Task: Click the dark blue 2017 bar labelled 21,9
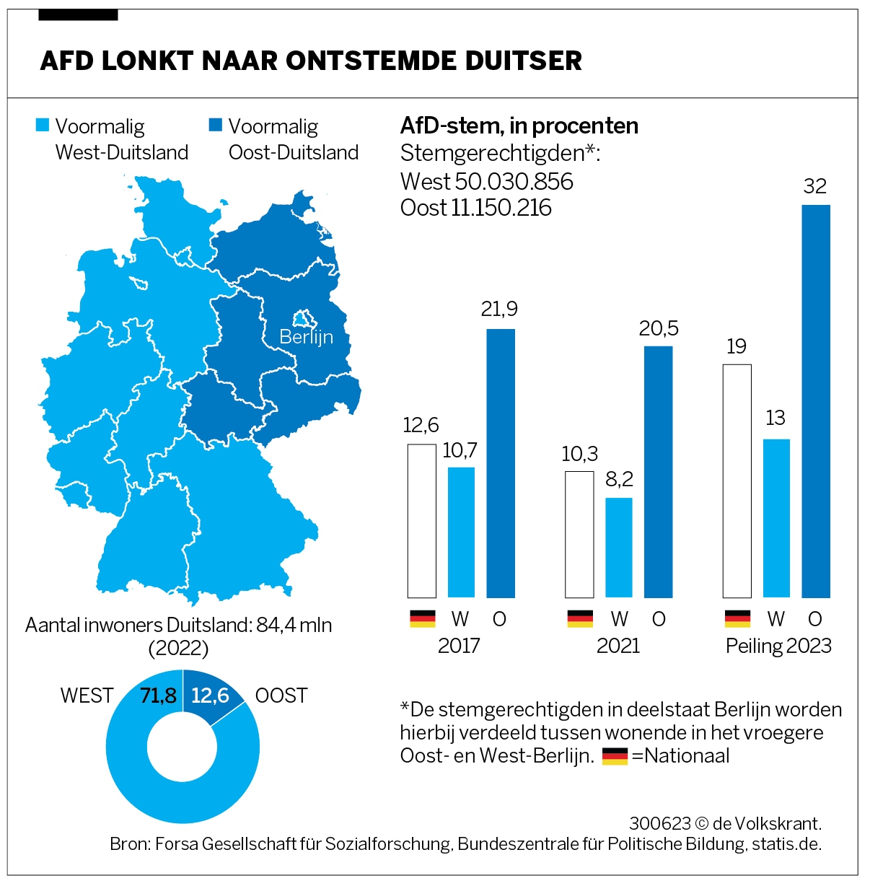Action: pyautogui.click(x=501, y=463)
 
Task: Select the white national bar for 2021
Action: pyautogui.click(x=579, y=535)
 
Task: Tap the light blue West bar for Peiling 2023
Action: pyautogui.click(x=776, y=518)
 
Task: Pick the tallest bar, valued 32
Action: pyautogui.click(x=816, y=401)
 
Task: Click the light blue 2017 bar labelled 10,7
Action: pyautogui.click(x=461, y=532)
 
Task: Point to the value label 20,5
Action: pyautogui.click(x=659, y=329)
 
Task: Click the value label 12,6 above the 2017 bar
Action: pyautogui.click(x=421, y=425)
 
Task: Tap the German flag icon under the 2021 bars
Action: pyautogui.click(x=580, y=619)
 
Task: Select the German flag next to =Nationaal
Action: pyautogui.click(x=615, y=756)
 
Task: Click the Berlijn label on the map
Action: pyautogui.click(x=306, y=337)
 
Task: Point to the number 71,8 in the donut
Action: pyautogui.click(x=158, y=696)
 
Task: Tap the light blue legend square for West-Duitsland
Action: pyautogui.click(x=43, y=126)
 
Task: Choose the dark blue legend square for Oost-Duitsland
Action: pyautogui.click(x=215, y=126)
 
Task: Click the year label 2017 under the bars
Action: pyautogui.click(x=459, y=645)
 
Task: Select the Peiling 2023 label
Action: pyautogui.click(x=778, y=645)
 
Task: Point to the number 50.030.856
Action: pyautogui.click(x=514, y=181)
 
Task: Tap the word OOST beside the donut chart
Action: pyautogui.click(x=281, y=696)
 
